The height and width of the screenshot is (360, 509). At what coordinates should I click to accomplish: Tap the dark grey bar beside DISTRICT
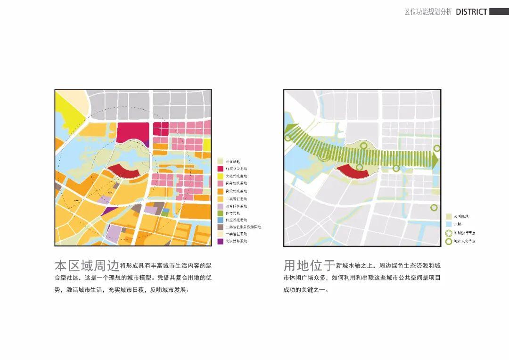click(x=499, y=11)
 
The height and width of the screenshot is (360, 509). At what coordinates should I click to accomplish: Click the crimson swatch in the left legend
click(x=220, y=169)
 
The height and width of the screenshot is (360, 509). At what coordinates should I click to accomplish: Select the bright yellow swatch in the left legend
click(x=220, y=176)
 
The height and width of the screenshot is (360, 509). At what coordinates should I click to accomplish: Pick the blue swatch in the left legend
click(x=220, y=220)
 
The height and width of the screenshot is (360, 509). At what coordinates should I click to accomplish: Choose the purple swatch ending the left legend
click(x=220, y=241)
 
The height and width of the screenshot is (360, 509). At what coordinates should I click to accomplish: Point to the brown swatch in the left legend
click(x=220, y=227)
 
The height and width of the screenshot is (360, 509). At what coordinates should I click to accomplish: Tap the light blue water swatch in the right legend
click(x=449, y=224)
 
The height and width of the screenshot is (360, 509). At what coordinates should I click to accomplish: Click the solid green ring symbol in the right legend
click(x=449, y=241)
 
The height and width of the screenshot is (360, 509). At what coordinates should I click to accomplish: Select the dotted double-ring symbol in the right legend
click(x=449, y=233)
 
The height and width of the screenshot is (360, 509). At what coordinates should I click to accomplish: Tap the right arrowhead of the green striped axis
click(x=435, y=160)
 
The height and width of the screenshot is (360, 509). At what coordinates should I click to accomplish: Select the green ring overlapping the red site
click(x=360, y=167)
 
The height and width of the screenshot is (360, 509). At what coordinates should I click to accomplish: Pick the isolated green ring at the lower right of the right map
click(x=434, y=207)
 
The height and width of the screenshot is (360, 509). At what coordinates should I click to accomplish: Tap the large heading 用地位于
click(x=309, y=264)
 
